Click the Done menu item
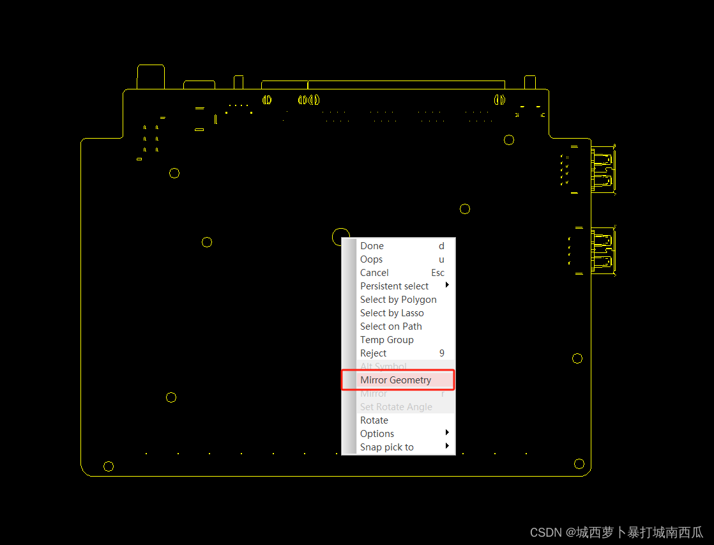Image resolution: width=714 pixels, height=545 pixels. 372,246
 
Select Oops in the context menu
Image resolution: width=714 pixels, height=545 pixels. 371,259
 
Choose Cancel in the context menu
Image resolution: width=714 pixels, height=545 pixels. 374,273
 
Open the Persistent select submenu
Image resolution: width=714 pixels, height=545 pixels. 394,286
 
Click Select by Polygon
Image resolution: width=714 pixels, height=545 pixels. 398,300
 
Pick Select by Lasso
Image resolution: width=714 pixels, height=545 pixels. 391,313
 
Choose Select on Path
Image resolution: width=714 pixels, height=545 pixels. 391,326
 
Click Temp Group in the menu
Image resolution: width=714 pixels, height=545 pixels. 386,340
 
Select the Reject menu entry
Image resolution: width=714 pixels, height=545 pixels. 373,353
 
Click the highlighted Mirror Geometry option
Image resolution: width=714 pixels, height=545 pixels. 395,380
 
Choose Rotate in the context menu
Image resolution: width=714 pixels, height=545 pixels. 374,420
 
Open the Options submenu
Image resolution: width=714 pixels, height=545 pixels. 377,434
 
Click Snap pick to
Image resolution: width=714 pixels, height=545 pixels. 386,447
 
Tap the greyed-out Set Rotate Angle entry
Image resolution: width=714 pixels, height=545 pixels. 396,407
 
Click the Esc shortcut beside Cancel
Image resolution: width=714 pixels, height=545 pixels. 437,273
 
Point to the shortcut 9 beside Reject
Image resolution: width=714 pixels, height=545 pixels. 441,353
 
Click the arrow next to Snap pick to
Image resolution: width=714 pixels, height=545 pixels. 447,446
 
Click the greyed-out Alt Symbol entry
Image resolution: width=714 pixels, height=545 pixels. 383,367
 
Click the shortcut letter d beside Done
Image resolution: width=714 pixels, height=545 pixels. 441,246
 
